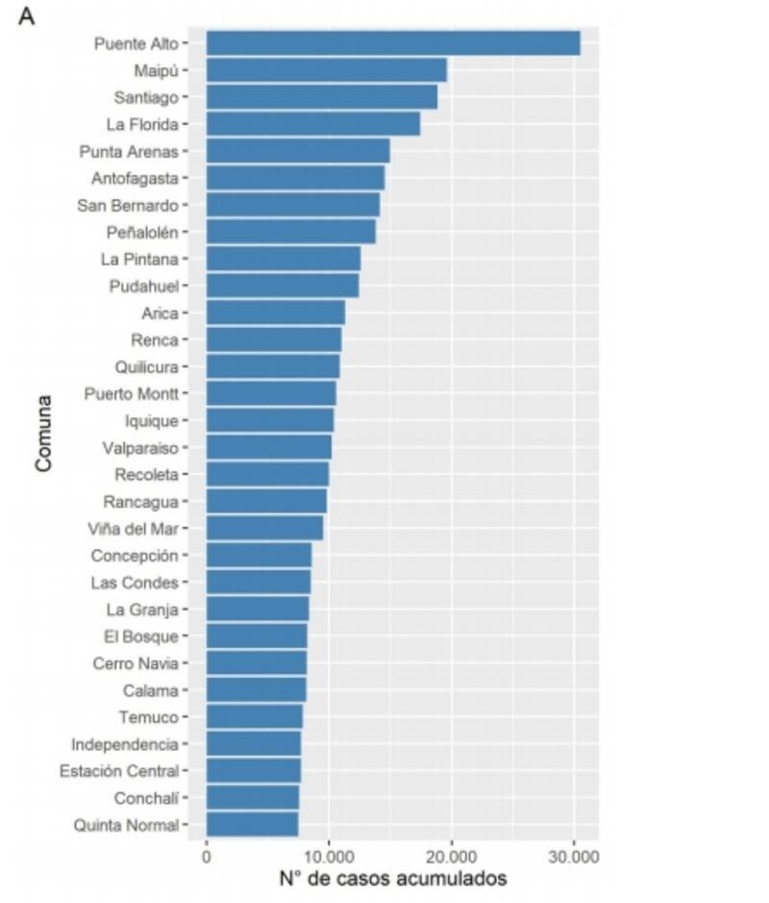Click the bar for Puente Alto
(392, 43)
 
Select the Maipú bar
(326, 70)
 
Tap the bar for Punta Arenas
(297, 151)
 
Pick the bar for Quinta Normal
(252, 824)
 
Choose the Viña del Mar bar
(264, 528)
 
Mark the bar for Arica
(275, 313)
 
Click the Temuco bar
(254, 716)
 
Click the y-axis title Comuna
(42, 434)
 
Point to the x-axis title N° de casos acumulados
(392, 879)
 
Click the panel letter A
(26, 17)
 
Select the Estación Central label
(118, 770)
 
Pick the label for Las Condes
(135, 582)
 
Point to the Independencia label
(125, 743)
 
